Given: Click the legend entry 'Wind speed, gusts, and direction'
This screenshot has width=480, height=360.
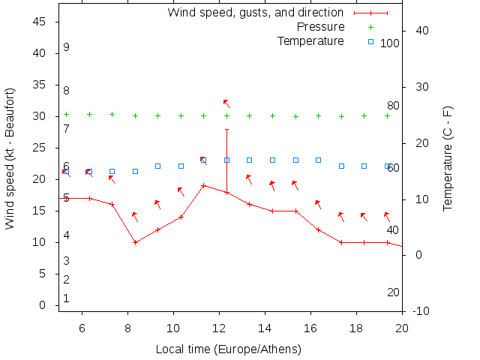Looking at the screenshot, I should (x=255, y=13).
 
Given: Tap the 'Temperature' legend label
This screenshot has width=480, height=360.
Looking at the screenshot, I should (x=310, y=40).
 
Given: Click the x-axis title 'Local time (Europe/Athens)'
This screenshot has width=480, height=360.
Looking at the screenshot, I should (x=228, y=349).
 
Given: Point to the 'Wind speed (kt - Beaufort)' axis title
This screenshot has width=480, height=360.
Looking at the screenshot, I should (x=10, y=158).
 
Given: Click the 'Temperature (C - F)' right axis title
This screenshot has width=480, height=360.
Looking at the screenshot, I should (x=448, y=158).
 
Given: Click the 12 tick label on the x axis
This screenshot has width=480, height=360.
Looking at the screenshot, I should (x=219, y=327).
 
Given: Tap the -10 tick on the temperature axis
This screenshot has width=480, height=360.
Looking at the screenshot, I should (x=420, y=311).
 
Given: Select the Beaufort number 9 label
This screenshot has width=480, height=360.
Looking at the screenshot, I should (x=67, y=47).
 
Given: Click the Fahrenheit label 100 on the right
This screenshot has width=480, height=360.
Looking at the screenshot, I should (x=390, y=43).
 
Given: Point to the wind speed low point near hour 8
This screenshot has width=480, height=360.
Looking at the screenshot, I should (x=135, y=242).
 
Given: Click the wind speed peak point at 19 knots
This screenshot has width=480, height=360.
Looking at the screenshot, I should (x=203, y=185).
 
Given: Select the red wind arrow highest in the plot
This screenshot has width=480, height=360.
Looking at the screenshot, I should (x=226, y=103).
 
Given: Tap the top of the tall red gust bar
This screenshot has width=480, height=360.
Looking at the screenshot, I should (x=226, y=129).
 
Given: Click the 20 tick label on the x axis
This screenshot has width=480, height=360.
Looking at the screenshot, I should (x=402, y=327).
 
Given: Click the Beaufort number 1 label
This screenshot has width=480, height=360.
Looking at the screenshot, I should (x=67, y=298).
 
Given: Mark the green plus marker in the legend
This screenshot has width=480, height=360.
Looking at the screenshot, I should (x=370, y=27).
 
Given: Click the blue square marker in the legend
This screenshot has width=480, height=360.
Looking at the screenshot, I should (x=370, y=41).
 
